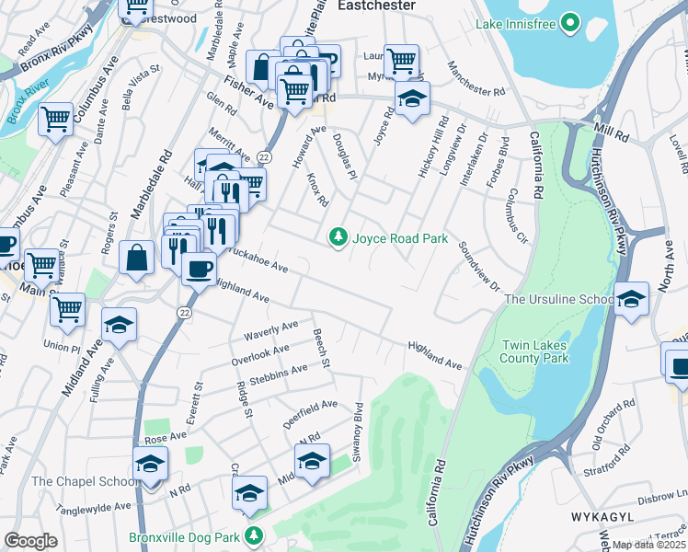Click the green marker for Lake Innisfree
569,21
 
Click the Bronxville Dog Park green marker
255,535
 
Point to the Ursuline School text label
558,300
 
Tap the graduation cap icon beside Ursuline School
631,300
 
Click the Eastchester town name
376,6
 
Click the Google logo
30,541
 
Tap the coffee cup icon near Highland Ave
199,269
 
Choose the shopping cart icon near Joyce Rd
401,62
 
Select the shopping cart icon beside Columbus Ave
55,119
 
